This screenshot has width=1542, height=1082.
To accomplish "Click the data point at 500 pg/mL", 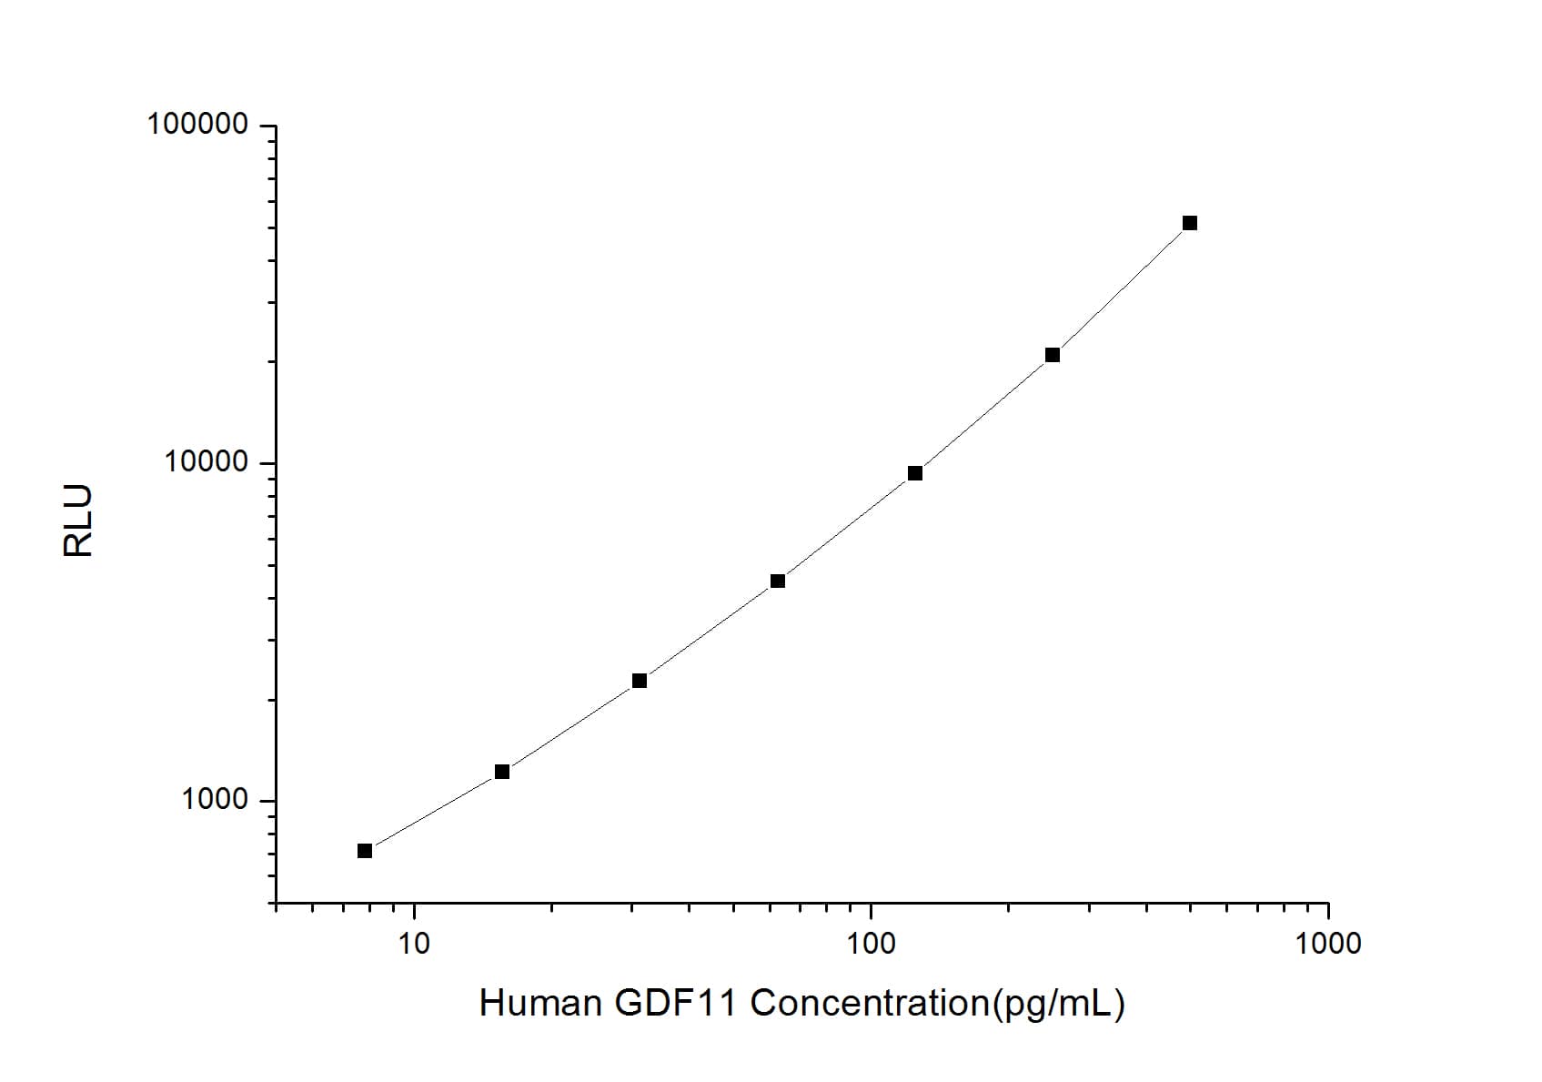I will tap(1189, 223).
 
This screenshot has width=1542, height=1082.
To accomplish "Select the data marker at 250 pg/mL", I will tap(1052, 355).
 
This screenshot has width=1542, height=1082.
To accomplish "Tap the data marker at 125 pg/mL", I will tap(914, 473).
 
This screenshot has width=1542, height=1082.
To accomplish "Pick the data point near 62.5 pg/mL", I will tap(777, 581).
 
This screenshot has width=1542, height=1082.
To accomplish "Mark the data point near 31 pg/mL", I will tap(639, 681).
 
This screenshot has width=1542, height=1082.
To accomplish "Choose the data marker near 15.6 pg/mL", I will tap(501, 772).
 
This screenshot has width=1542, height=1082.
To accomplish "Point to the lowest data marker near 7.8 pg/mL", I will tap(364, 851).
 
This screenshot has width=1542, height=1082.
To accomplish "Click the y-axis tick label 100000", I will tap(197, 124).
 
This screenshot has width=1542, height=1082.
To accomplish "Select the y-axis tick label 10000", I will tap(206, 462).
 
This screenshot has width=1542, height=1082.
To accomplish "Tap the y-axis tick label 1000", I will tap(215, 800).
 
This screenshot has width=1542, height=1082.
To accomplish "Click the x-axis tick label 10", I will tap(414, 944).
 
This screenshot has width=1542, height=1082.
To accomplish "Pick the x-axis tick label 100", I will tap(871, 944).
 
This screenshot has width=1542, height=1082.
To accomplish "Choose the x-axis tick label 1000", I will tap(1328, 944).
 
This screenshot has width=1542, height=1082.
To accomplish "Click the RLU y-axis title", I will tap(78, 521).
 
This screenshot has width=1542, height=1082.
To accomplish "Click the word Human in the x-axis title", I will tap(539, 1003).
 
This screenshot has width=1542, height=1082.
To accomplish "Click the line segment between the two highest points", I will tap(1121, 289).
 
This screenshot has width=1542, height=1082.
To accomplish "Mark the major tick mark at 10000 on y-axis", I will tap(267, 463).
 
